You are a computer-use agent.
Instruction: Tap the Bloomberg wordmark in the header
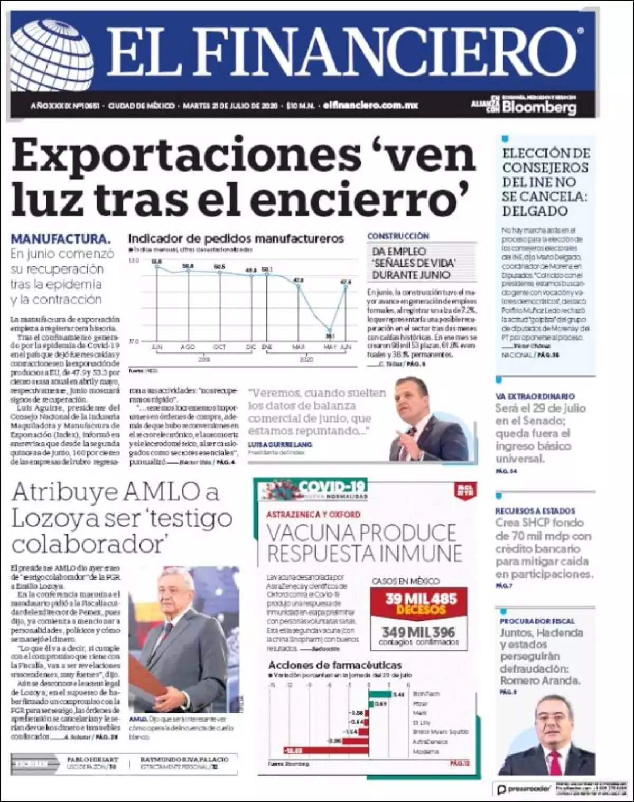[539, 107]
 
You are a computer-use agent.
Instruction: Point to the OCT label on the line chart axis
[219, 347]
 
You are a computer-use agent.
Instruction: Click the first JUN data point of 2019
[156, 267]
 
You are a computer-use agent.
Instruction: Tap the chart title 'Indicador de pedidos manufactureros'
[236, 238]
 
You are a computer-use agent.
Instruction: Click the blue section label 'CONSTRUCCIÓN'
[398, 236]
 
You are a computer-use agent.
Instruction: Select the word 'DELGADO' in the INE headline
[535, 211]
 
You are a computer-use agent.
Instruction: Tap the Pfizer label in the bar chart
[420, 704]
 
